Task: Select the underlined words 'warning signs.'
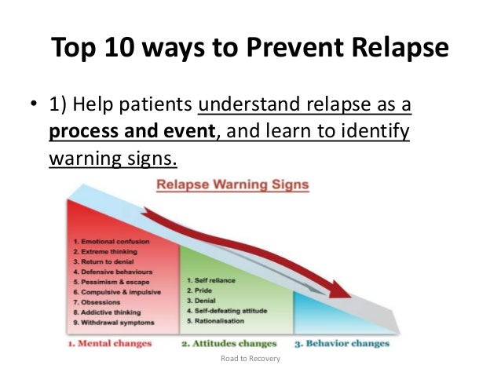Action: point(113,158)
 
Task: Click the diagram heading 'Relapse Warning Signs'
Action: point(233,186)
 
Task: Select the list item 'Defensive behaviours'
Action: point(114,271)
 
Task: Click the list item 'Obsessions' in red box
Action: point(98,301)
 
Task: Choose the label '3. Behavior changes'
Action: point(342,343)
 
